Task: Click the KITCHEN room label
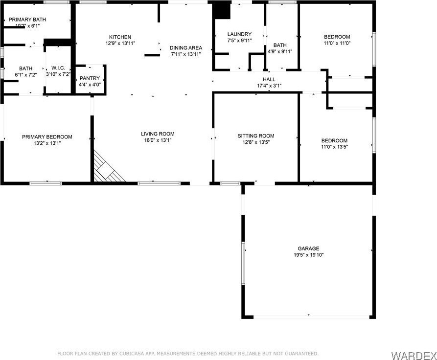click(x=120, y=37)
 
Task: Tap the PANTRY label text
click(x=90, y=78)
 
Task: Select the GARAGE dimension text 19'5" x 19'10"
click(x=308, y=255)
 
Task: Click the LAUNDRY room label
click(x=239, y=34)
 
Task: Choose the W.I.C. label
click(x=58, y=68)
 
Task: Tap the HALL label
click(x=269, y=79)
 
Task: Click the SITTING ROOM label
click(x=256, y=136)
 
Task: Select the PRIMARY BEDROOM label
click(x=47, y=137)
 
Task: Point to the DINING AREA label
click(x=186, y=48)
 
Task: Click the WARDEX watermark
click(x=414, y=356)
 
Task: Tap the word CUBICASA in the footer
click(x=132, y=354)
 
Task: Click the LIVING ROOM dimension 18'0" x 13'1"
click(x=158, y=140)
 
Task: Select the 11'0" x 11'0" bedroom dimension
click(x=337, y=43)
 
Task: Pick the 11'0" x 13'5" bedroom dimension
click(x=334, y=147)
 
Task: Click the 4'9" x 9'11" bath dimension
click(x=280, y=51)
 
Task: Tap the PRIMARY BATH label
click(x=27, y=20)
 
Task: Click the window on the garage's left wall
click(x=243, y=263)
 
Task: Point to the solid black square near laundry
click(x=222, y=10)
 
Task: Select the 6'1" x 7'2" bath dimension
click(x=25, y=75)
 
